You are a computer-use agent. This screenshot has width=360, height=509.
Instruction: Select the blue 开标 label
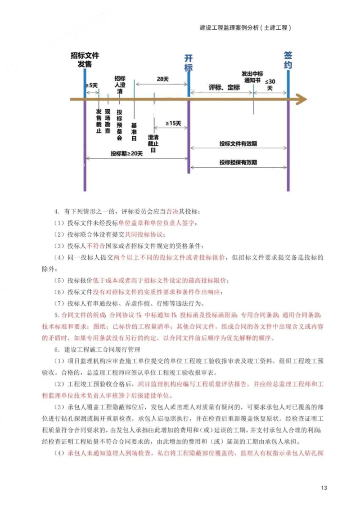point(189,63)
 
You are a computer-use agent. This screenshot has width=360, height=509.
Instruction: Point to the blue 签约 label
point(288,60)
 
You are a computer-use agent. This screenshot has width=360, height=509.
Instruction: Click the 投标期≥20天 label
point(126,153)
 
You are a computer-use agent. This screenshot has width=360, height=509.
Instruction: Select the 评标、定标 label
point(224,88)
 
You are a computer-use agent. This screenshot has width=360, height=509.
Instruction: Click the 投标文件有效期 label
point(238,144)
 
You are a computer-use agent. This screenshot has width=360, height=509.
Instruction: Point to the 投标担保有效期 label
point(238,162)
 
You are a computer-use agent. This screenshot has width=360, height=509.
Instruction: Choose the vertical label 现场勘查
point(108,121)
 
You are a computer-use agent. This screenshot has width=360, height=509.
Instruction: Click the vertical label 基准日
point(134,132)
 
